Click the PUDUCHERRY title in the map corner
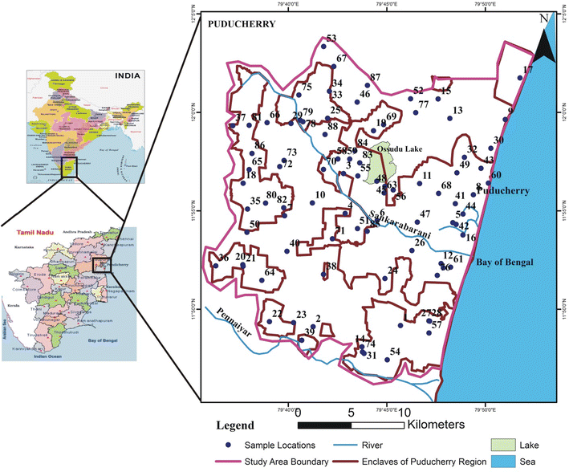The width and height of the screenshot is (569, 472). pos(242,24)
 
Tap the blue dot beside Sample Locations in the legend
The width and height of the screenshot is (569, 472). pos(228,444)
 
